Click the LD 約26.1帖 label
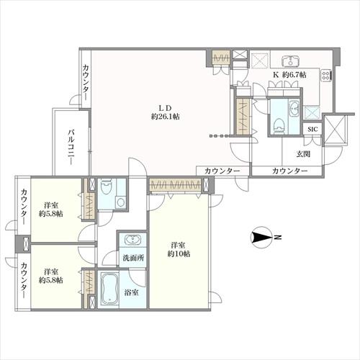[166, 112]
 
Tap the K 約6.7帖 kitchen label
[290, 75]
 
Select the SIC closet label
[312, 130]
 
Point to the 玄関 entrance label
[303, 154]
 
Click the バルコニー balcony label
[71, 148]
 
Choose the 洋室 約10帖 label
[179, 250]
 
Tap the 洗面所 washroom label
[133, 258]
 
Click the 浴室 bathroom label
[131, 292]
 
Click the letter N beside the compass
[278, 238]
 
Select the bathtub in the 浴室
[110, 289]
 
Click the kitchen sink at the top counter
[291, 61]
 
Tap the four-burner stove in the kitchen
[326, 75]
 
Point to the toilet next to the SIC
[279, 125]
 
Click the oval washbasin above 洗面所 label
[132, 240]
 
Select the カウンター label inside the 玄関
[289, 171]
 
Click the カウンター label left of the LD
[86, 83]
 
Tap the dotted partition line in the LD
[220, 136]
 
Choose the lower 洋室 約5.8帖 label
[51, 276]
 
